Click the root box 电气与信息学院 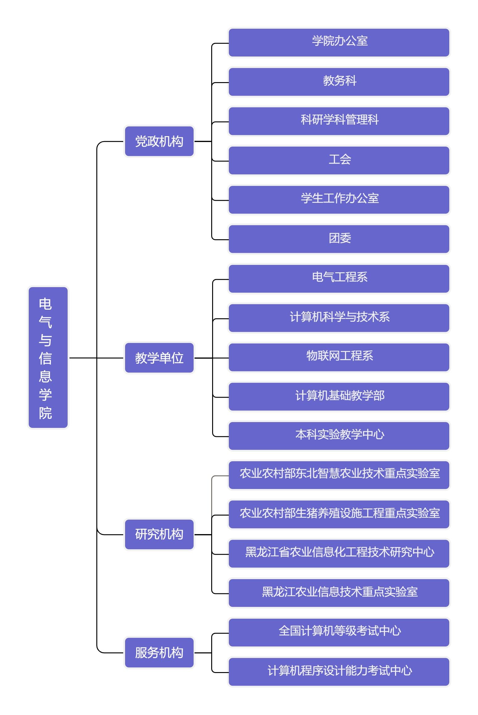(x=48, y=357)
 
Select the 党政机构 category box (x=159, y=141)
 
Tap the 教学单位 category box (x=159, y=358)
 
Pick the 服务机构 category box (x=159, y=653)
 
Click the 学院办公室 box (x=339, y=43)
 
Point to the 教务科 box (x=339, y=82)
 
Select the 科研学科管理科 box (x=339, y=121)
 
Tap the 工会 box (x=339, y=161)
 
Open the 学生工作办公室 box (x=339, y=200)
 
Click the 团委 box (x=339, y=239)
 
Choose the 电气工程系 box (x=339, y=278)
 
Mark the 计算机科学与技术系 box (x=339, y=318)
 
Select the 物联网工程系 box (x=339, y=357)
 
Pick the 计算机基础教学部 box (x=339, y=397)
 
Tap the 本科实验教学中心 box (x=339, y=436)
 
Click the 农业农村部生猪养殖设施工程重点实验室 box (x=339, y=514)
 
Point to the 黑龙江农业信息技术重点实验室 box (x=339, y=593)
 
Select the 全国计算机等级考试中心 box (x=339, y=632)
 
